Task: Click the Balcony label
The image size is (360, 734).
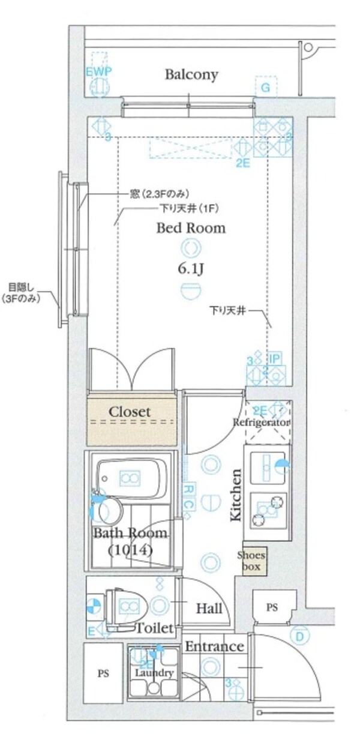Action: (191, 75)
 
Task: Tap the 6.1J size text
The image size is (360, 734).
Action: (191, 269)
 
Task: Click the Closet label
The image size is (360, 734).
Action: (130, 412)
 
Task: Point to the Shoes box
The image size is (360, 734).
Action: (251, 561)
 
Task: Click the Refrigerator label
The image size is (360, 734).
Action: (262, 423)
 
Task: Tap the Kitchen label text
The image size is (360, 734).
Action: (236, 495)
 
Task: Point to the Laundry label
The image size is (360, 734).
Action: (154, 673)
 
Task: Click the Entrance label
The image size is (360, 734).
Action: (214, 646)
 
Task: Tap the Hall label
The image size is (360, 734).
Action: (209, 609)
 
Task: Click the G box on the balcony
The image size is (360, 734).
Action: (265, 88)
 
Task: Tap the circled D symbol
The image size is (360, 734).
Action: (299, 635)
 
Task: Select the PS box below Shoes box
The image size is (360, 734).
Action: (273, 607)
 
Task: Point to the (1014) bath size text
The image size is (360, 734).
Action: (130, 549)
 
